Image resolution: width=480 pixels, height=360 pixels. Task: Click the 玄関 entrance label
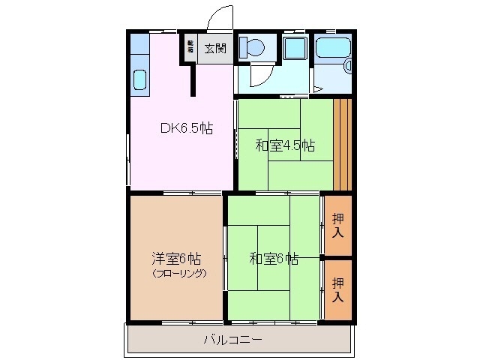(x=215, y=49)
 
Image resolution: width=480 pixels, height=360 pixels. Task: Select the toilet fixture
(x=252, y=48)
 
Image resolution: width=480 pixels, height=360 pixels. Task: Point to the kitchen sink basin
(x=139, y=79)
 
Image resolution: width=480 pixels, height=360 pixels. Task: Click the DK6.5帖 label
(x=186, y=128)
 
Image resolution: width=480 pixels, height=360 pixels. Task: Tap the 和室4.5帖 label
(x=284, y=145)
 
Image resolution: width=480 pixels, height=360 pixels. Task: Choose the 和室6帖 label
(x=274, y=259)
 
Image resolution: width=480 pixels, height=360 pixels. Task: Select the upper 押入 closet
(x=339, y=224)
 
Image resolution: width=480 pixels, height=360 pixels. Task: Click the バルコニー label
(x=232, y=340)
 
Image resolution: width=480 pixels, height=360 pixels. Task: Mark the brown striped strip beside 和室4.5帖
(x=342, y=143)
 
